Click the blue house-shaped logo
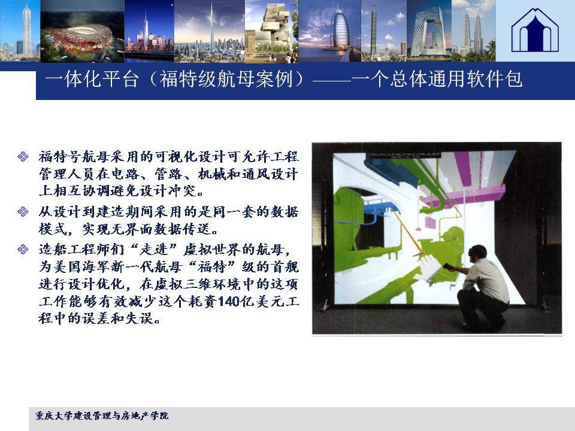click(535, 31)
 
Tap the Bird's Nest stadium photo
click(82, 31)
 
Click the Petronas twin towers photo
click(473, 31)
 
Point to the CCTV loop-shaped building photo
click(429, 31)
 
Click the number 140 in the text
click(228, 302)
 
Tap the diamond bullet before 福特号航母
click(23, 157)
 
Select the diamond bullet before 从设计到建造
click(23, 212)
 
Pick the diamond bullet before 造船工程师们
click(23, 250)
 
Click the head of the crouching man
click(478, 253)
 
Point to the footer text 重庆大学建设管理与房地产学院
click(102, 415)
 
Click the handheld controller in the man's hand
click(447, 266)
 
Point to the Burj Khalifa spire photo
click(210, 31)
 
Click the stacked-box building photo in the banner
click(272, 31)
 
